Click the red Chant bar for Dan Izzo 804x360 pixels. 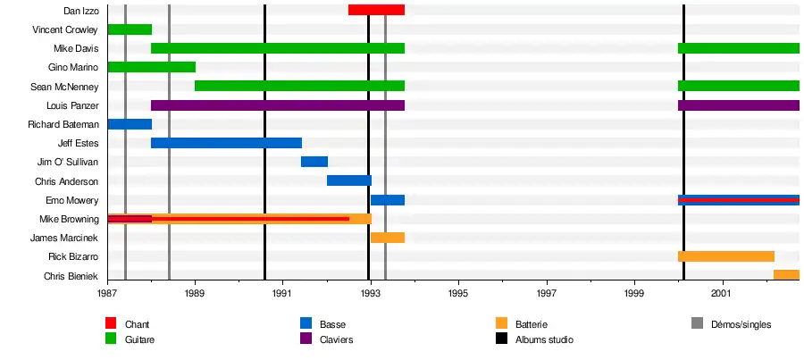(376, 10)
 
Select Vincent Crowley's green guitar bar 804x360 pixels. (130, 29)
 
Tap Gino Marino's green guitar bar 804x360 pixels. (151, 67)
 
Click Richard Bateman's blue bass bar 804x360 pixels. (130, 124)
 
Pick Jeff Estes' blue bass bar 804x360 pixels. (226, 143)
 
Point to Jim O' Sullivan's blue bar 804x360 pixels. (314, 162)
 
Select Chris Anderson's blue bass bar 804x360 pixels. (348, 180)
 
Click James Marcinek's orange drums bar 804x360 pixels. (388, 238)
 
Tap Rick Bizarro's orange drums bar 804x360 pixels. (725, 256)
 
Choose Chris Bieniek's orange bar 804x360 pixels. (786, 275)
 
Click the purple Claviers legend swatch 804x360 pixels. (306, 339)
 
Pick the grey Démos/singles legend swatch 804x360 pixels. (699, 324)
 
